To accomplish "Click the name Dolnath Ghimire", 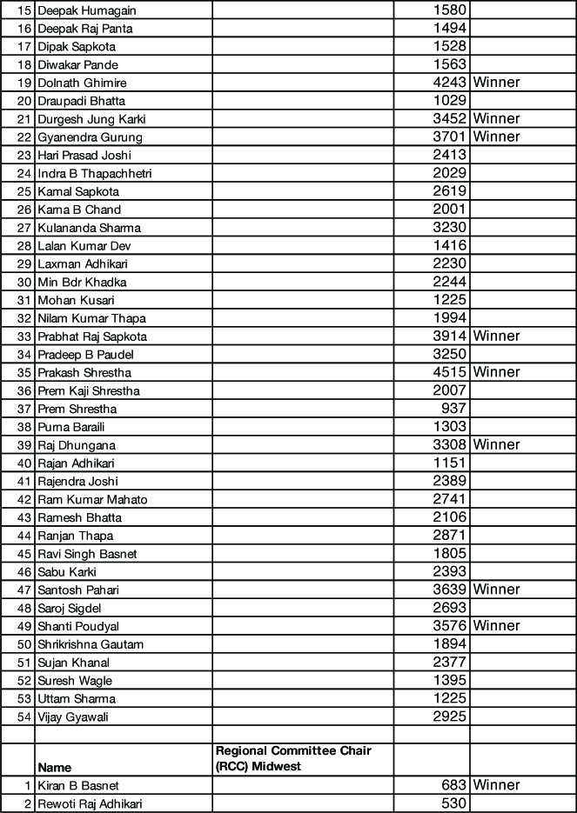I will [82, 83].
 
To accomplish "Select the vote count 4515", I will [450, 372].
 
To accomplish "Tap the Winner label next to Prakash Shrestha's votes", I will [496, 372].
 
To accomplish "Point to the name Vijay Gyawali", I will [73, 717].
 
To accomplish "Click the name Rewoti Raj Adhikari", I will [90, 803].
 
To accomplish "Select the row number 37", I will [23, 409].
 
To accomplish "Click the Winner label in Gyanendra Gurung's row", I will [496, 137].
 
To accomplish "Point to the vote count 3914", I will [450, 336].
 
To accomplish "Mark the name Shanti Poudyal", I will [78, 626].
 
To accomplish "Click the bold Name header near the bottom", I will [54, 768].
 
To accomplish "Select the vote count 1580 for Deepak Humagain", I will [450, 10].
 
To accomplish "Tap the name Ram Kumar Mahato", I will [92, 499].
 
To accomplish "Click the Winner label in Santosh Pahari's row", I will [496, 590].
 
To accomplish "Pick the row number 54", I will [23, 717].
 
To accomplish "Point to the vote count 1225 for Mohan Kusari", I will [450, 300].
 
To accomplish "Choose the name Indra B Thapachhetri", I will [95, 173].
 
